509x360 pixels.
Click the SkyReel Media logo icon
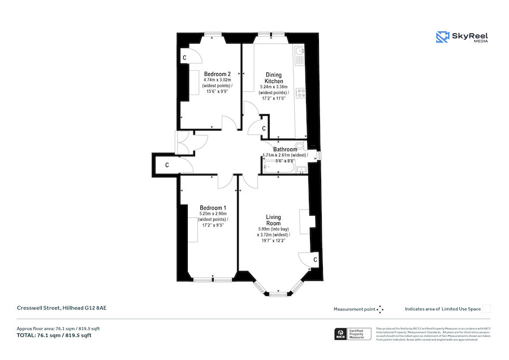442,37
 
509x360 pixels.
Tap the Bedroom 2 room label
217,74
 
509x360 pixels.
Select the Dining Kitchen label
274,78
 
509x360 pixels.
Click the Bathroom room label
285,149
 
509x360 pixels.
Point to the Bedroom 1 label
213,208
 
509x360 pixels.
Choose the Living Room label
274,220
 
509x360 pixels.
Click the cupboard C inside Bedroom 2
185,58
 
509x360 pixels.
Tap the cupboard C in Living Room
315,259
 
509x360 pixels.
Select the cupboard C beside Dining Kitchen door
264,130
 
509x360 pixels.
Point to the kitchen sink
300,55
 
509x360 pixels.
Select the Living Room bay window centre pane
277,293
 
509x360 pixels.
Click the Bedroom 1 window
213,279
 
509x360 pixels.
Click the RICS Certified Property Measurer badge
354,333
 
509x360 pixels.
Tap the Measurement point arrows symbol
381,309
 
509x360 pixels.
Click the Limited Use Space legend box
486,309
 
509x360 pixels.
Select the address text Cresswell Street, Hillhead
61,307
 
